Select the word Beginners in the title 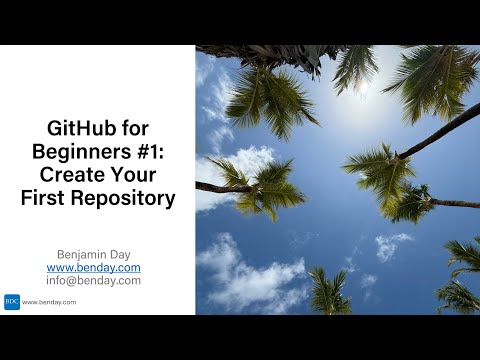coord(82,152)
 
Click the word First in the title coord(43,198)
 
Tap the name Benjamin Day coord(94,255)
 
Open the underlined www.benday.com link coord(94,268)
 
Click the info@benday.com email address coord(94,281)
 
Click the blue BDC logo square coord(12,302)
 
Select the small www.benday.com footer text coord(49,302)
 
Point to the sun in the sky coord(363,87)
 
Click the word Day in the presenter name coord(120,255)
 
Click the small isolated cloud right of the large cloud coord(391,246)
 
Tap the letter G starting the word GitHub coord(54,128)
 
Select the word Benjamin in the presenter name coord(82,255)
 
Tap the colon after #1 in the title coord(161,154)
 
